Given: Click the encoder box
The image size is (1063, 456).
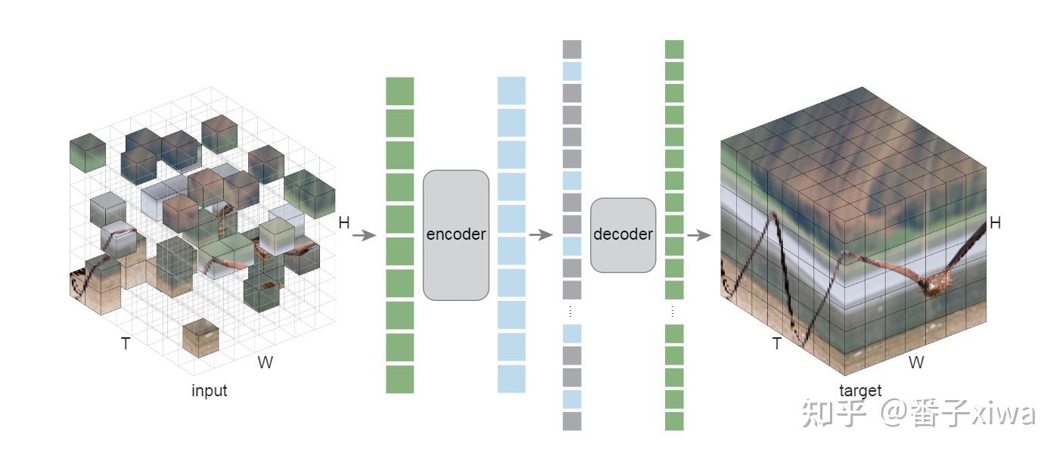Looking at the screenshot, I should click(x=455, y=234).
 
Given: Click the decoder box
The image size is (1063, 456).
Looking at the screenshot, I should click(x=623, y=235).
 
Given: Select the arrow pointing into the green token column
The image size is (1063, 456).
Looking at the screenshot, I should click(x=365, y=235).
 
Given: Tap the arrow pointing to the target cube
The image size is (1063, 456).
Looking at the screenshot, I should click(x=698, y=235).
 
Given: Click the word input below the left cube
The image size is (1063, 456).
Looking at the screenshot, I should click(x=209, y=391).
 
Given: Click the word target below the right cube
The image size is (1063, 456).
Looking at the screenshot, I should click(x=860, y=391).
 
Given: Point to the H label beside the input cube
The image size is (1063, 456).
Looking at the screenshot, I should click(x=344, y=223).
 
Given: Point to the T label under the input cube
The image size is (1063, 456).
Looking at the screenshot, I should click(x=126, y=344).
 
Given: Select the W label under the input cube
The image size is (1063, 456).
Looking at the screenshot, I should click(x=265, y=363).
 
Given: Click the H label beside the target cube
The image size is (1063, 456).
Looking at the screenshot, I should click(x=995, y=223).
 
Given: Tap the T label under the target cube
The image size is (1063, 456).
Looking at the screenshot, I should click(x=776, y=344).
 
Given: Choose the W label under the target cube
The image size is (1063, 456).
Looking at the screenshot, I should click(x=915, y=363).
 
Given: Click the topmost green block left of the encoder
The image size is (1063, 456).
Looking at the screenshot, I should click(x=399, y=91).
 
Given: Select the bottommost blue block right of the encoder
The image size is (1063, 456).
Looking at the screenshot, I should click(x=511, y=379).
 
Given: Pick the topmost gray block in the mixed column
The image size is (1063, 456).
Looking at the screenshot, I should click(x=572, y=49).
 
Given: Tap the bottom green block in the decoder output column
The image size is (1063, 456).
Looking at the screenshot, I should click(x=674, y=421).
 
